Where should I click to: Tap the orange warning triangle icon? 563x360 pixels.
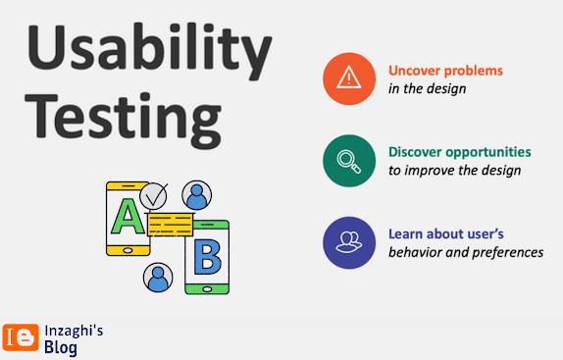349,78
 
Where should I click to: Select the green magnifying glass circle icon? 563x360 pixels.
349,161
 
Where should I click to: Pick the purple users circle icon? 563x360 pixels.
349,242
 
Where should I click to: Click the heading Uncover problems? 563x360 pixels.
445,71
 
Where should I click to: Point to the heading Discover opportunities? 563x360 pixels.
460,152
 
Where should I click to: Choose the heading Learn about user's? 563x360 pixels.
446,234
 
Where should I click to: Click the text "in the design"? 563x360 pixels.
428,88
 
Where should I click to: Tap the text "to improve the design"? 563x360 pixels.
454,171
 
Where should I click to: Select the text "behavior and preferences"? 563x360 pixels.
466,252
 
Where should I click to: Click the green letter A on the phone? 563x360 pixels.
128,217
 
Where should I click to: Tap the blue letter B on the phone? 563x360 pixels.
208,257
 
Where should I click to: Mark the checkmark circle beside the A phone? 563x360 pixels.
153,196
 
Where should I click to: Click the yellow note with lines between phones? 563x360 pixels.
171,225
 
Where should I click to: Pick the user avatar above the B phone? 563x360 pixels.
197,195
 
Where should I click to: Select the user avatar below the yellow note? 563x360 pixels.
158,278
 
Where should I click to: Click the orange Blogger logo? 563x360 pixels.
21,337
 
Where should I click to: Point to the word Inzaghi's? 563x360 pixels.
74,332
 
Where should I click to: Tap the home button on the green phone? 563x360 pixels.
207,289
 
